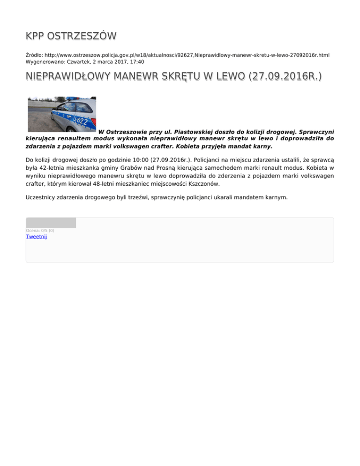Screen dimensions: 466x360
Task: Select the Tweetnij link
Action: click(36, 236)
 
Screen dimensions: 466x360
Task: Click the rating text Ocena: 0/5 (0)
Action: click(40, 230)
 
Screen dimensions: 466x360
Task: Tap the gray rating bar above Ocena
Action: click(51, 223)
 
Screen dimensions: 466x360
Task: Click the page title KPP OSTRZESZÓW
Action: click(71, 36)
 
